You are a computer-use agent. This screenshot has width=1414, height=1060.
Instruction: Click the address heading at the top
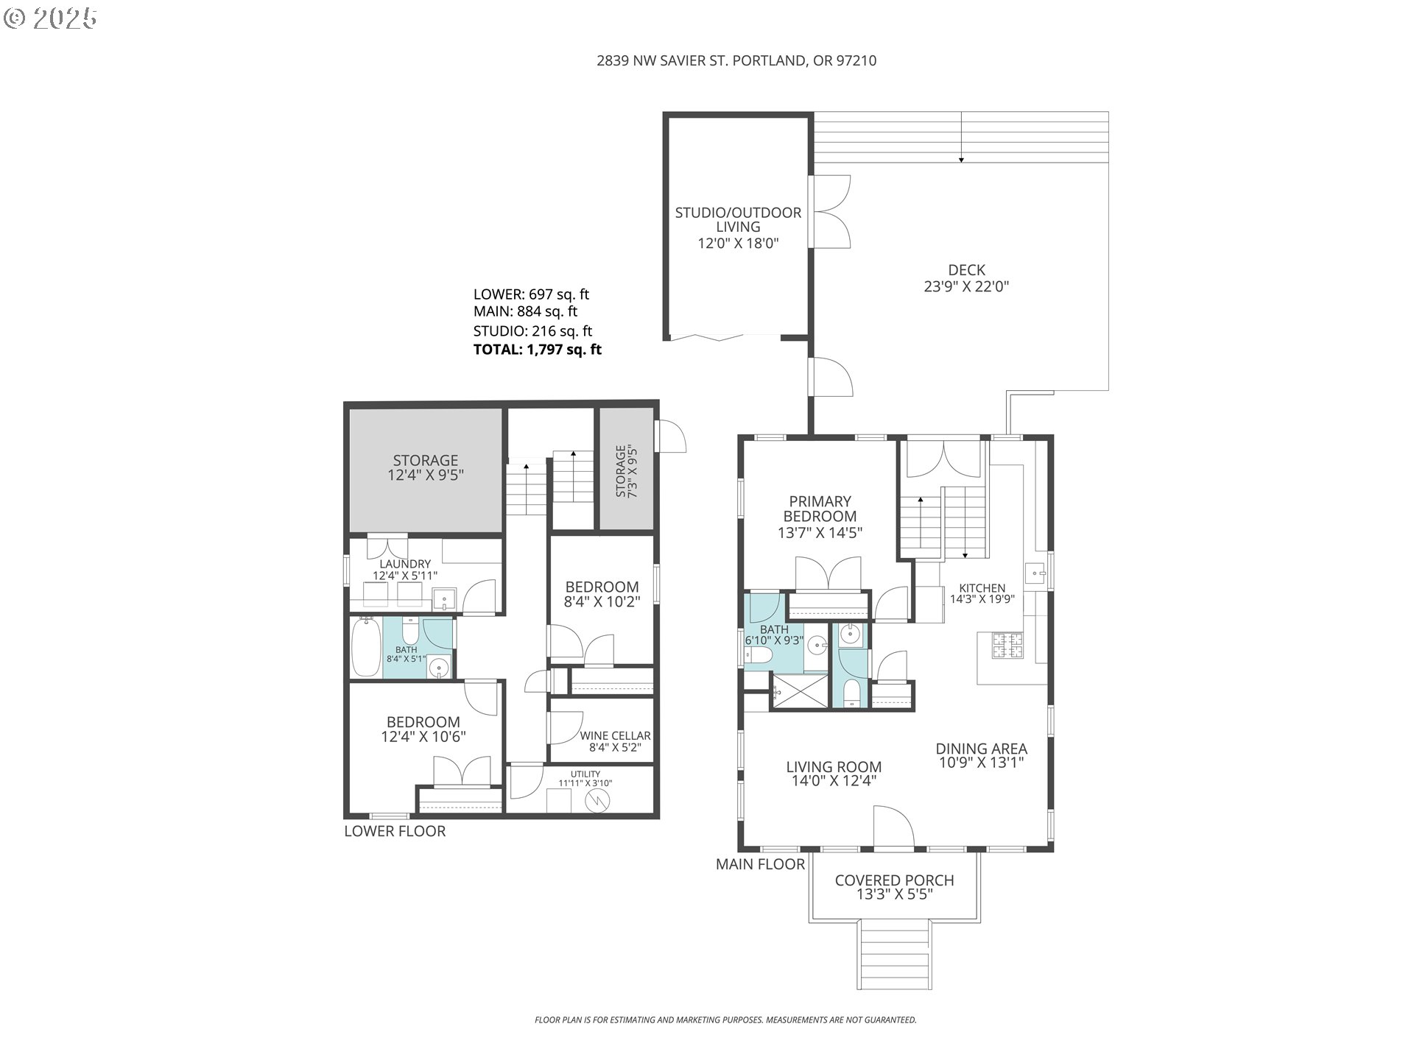[x=736, y=61]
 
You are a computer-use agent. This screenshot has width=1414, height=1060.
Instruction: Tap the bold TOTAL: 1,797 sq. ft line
[x=538, y=350]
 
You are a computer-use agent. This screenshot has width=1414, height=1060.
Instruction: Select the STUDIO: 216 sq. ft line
[x=532, y=331]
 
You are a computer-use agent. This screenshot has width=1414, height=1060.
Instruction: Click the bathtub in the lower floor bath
[x=367, y=647]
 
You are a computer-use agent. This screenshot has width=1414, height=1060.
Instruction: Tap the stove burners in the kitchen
[x=1008, y=646]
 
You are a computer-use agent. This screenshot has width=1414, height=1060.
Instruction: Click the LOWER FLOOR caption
[x=395, y=831]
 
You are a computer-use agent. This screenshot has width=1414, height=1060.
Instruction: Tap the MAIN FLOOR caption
[x=760, y=864]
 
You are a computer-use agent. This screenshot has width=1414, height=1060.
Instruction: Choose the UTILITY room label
[x=585, y=774]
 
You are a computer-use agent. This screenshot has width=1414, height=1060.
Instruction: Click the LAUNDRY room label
[x=405, y=564]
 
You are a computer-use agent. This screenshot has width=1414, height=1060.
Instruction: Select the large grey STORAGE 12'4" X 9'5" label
[x=425, y=467]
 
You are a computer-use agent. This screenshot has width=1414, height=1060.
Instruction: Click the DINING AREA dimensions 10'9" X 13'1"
[x=981, y=763]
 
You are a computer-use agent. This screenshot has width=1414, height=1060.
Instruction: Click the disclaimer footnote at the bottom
[x=725, y=1020]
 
